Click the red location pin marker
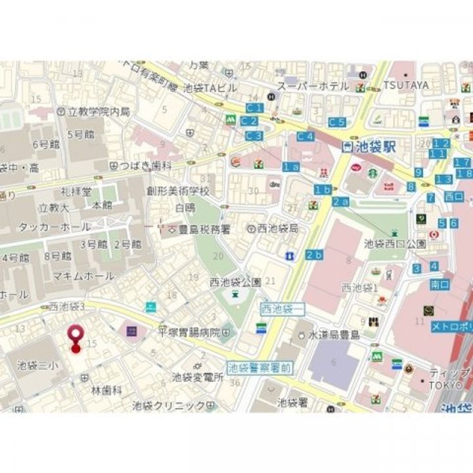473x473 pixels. click(x=76, y=334)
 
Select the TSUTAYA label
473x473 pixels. click(x=406, y=85)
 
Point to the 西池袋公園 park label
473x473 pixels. click(x=235, y=282)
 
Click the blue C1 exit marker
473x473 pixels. click(x=254, y=107)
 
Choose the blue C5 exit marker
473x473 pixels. click(x=337, y=122)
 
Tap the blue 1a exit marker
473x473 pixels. click(x=291, y=167)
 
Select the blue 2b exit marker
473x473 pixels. click(x=314, y=255)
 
